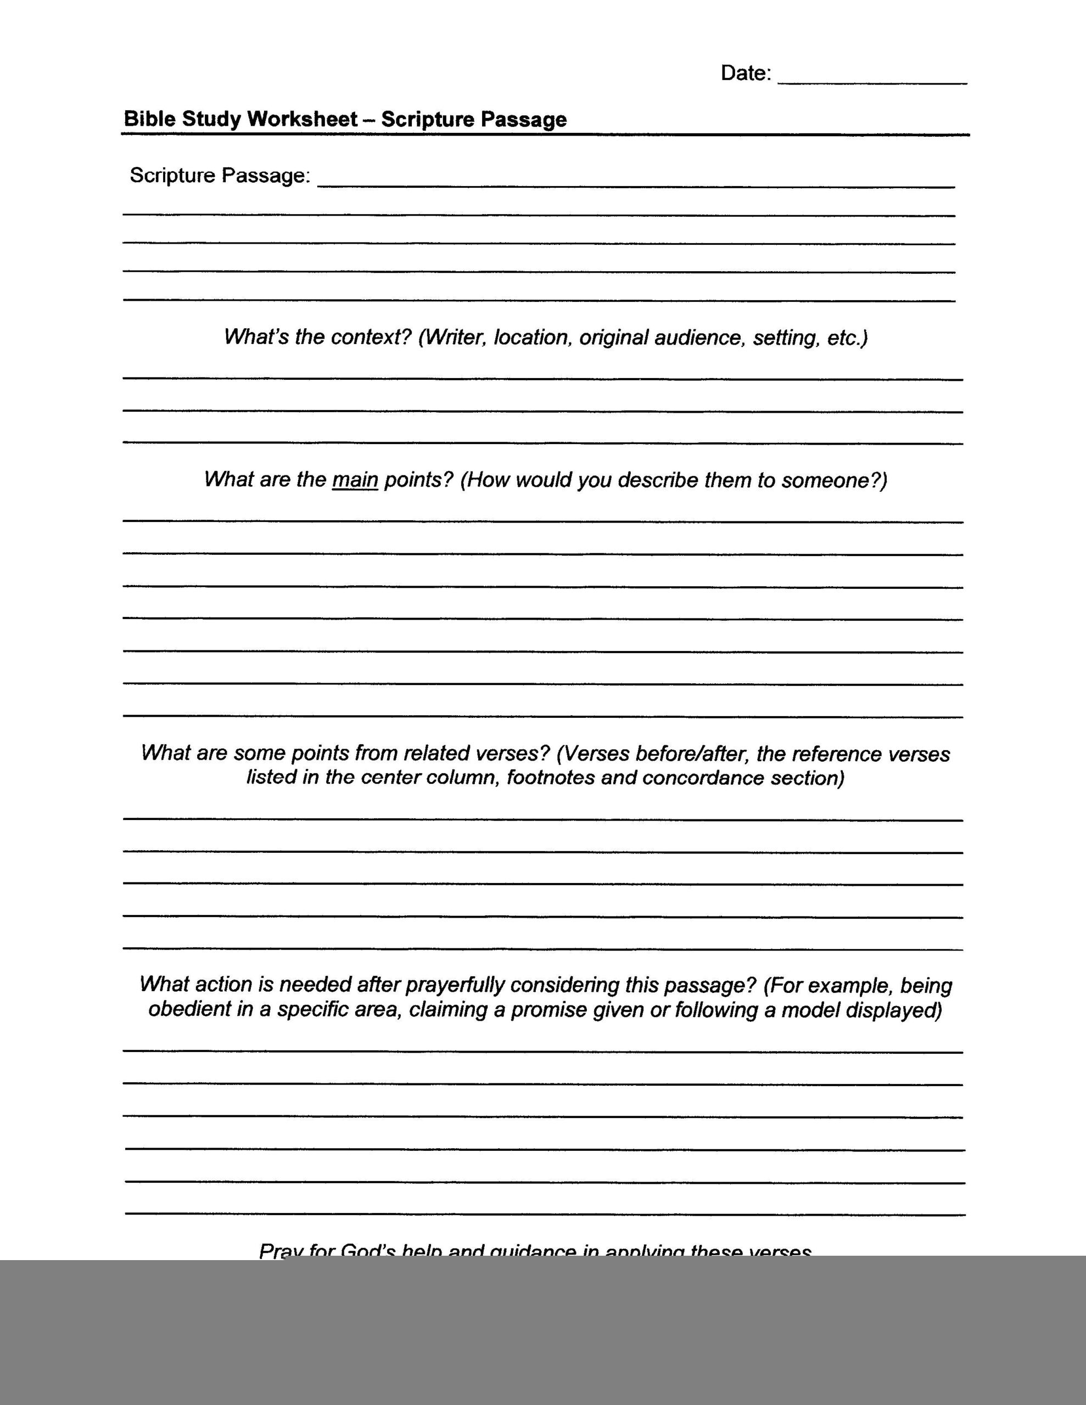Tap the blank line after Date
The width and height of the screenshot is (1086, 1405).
(872, 82)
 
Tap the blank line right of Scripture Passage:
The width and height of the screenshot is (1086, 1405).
(636, 186)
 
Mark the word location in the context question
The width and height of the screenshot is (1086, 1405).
(533, 337)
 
